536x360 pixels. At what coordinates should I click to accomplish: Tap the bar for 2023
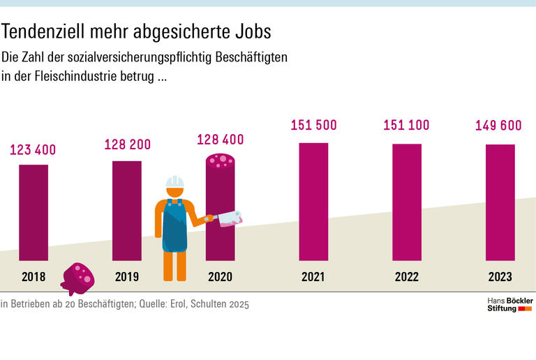click(x=500, y=202)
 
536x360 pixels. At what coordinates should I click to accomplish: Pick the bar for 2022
click(x=406, y=202)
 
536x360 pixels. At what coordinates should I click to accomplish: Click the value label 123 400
click(x=33, y=149)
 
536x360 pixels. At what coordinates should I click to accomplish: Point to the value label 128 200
click(x=127, y=144)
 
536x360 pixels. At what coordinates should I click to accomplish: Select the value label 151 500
click(x=313, y=126)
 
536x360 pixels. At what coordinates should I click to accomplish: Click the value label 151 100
click(x=406, y=126)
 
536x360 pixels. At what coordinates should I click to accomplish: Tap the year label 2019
click(x=127, y=277)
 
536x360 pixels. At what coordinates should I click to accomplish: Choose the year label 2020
click(x=220, y=277)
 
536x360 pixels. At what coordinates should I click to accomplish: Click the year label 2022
click(x=406, y=277)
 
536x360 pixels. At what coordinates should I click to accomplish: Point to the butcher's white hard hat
click(x=174, y=183)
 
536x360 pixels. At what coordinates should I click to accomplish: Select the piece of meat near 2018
click(x=77, y=278)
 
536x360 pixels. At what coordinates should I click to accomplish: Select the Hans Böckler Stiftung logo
click(x=509, y=303)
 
